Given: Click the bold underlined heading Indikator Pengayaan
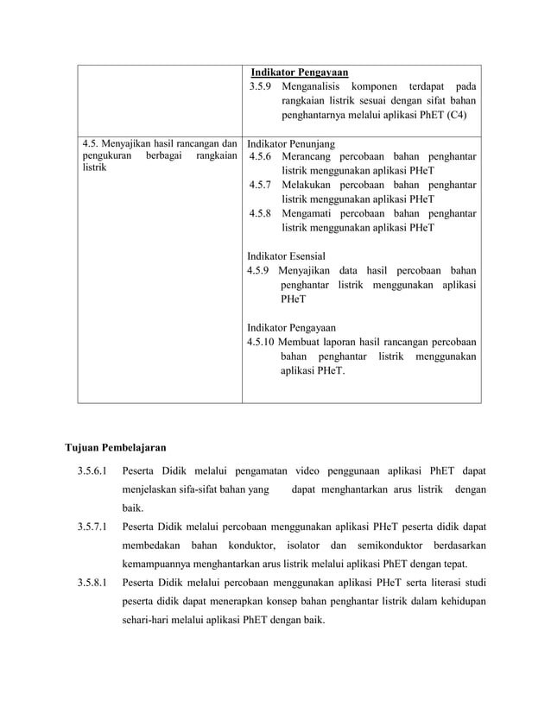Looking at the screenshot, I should pos(300,72).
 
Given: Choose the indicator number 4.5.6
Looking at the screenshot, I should pos(260,157).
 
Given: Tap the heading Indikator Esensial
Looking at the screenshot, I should pos(286,256).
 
